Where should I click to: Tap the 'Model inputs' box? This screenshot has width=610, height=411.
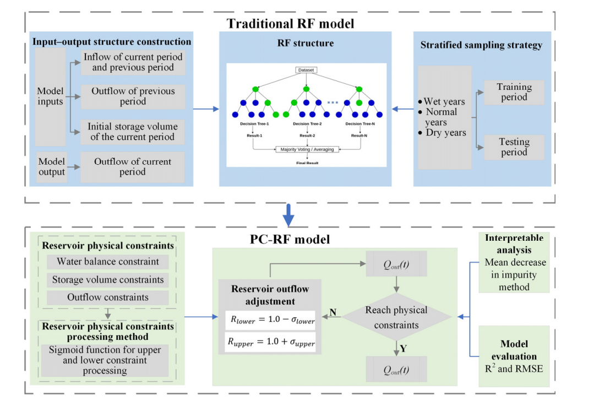(x=50, y=97)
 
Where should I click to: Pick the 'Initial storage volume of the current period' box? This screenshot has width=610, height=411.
(x=132, y=132)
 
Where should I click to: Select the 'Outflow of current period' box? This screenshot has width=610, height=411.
(x=133, y=167)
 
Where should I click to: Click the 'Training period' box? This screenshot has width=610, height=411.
(x=514, y=92)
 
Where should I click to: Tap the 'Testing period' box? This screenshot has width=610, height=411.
(x=514, y=147)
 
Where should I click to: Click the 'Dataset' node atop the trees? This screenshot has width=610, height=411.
(x=306, y=71)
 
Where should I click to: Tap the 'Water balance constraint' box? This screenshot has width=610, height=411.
(x=108, y=262)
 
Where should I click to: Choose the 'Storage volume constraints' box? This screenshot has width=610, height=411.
(x=108, y=280)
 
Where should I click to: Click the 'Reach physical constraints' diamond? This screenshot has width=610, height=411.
(x=396, y=317)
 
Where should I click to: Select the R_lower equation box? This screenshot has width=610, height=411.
(x=270, y=319)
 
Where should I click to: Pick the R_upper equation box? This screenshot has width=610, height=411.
(x=270, y=342)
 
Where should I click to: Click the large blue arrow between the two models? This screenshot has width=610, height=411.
(x=287, y=215)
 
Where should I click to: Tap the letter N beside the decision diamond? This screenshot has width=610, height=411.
(x=333, y=312)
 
